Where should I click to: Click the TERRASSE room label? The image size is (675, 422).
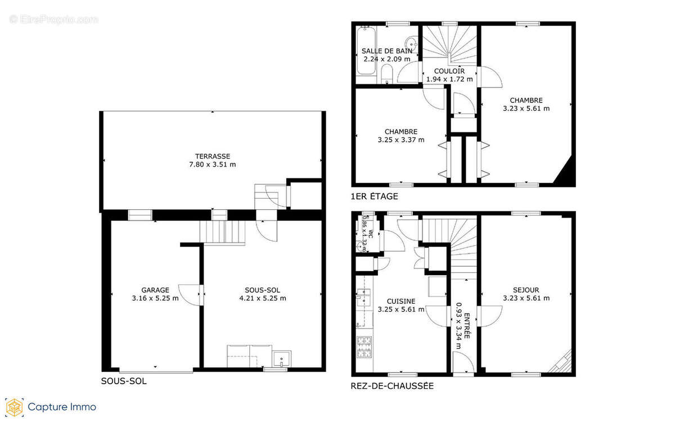(213, 156)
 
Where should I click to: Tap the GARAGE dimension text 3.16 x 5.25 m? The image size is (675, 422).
(155, 298)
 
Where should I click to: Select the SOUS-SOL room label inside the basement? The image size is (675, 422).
(263, 290)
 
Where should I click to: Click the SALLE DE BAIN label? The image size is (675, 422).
(386, 51)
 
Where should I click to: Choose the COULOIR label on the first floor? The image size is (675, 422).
(449, 71)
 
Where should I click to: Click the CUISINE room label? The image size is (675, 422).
(401, 301)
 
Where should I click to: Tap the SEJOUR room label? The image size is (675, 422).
(526, 290)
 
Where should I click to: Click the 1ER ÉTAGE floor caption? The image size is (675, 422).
(374, 196)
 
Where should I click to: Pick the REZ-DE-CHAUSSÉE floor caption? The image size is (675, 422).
(392, 386)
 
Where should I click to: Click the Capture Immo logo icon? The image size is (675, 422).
(14, 407)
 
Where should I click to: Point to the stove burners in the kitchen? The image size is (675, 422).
(364, 347)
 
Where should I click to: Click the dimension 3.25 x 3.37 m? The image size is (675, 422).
(401, 140)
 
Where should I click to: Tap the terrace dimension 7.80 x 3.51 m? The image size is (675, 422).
(213, 165)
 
